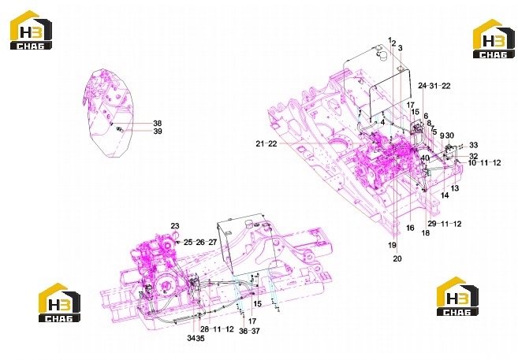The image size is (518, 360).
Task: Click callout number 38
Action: click(x=157, y=123)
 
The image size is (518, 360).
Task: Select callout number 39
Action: click(x=158, y=132)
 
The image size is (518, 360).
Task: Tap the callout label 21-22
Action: click(x=266, y=144)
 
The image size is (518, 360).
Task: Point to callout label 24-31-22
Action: click(x=434, y=86)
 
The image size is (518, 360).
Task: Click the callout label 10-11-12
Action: click(x=484, y=163)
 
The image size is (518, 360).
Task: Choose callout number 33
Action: click(x=473, y=145)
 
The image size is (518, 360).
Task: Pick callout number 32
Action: click(x=473, y=156)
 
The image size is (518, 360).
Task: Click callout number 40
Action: click(x=425, y=158)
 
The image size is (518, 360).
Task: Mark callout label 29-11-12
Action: click(x=445, y=224)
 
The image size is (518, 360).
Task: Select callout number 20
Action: click(x=397, y=258)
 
